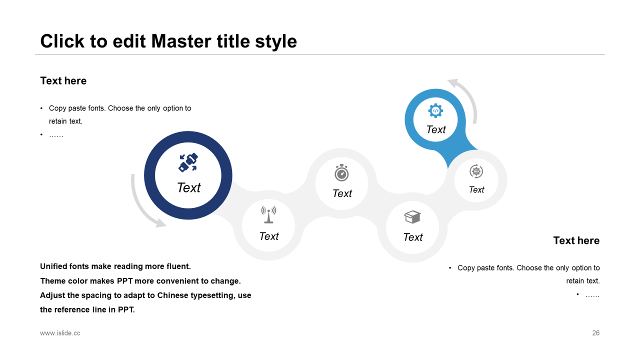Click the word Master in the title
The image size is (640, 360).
point(181,41)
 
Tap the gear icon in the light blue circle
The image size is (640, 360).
point(435,110)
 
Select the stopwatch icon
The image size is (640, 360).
point(341,172)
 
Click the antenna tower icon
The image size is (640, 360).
point(268,214)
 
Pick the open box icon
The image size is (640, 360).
point(412,217)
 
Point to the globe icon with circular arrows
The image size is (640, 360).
point(476,171)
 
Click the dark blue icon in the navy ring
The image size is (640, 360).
point(188,162)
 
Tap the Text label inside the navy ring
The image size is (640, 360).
point(188,187)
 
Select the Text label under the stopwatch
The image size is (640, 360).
point(342,193)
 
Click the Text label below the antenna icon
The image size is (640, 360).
point(269,236)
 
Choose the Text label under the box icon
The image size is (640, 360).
point(413,237)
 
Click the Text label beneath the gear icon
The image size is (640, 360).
point(436,129)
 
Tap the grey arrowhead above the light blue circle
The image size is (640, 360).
point(453,83)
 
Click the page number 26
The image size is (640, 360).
point(595,333)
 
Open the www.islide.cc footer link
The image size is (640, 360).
point(60,333)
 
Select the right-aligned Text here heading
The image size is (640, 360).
point(576,240)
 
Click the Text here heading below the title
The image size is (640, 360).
point(63,81)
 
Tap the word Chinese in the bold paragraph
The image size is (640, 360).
point(172,295)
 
